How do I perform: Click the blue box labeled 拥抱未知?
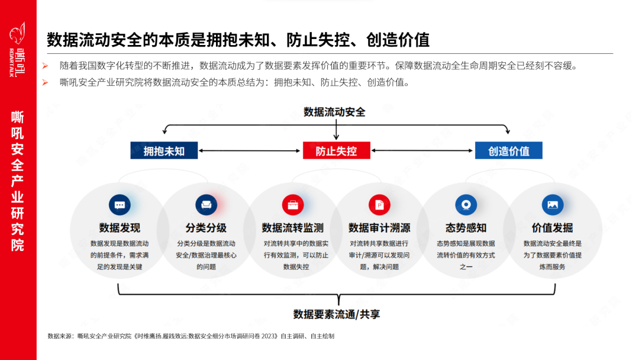pos(164,150)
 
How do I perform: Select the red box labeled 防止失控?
pos(336,150)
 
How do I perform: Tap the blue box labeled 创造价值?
pos(508,150)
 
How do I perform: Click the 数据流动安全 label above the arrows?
pos(334,112)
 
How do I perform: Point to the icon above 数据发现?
pos(120,205)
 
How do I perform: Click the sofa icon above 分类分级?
pos(206,205)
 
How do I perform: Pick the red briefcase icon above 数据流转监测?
pos(292,205)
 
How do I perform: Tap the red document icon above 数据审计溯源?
pos(379,205)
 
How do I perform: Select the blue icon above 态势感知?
pos(466,205)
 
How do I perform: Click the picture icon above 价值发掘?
pos(553,205)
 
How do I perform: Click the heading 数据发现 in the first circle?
pos(120,228)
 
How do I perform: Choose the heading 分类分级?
pos(206,228)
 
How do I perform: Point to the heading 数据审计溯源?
pos(379,228)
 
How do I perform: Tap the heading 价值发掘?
pos(553,228)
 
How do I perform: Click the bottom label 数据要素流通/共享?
pos(337,314)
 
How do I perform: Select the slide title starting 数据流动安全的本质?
pos(238,40)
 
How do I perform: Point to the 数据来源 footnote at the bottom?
pos(191,336)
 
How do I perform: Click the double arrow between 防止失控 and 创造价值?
pos(422,150)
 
